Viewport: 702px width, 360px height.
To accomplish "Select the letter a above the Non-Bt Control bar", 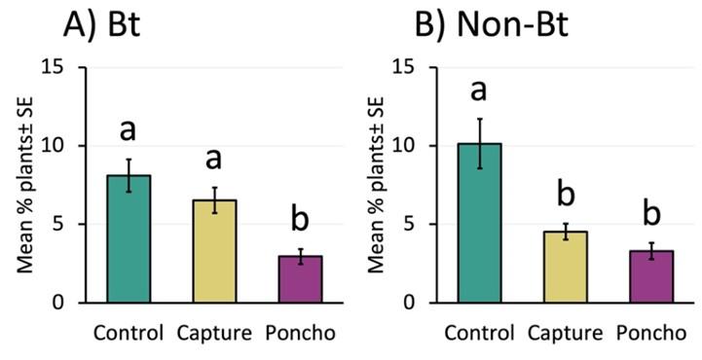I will click(x=480, y=90).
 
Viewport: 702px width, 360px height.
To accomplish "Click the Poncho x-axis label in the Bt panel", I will click(x=301, y=333).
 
